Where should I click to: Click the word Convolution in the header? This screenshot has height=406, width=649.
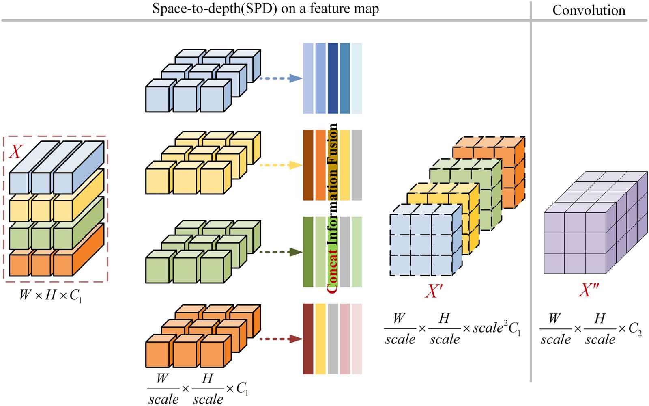tap(589, 10)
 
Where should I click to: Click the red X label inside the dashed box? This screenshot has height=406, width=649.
tap(16, 151)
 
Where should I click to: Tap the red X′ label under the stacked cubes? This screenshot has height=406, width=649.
tap(434, 291)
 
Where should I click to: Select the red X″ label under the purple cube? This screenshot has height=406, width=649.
tap(589, 289)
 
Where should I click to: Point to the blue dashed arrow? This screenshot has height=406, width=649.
tap(281, 78)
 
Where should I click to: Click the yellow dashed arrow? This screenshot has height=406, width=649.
tap(281, 165)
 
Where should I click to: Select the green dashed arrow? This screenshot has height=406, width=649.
tap(281, 252)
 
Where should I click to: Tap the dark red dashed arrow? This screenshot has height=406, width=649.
tap(281, 339)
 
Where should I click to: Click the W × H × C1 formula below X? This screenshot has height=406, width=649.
tap(51, 296)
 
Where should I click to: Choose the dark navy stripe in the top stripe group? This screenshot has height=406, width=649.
tap(333, 78)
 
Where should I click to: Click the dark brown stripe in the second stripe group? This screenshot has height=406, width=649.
tap(308, 165)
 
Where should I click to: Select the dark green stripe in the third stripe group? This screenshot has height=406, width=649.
tap(308, 252)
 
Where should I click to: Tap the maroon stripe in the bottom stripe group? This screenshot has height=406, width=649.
tap(308, 339)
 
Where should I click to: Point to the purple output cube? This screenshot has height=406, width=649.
tap(595, 223)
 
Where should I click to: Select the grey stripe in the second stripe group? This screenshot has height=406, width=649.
tap(357, 165)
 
